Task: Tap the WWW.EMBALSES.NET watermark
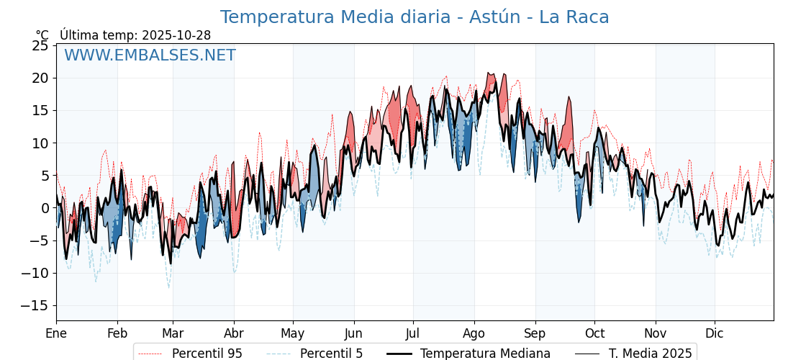pos(150,55)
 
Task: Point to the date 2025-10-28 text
pos(176,35)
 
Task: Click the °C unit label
pos(42,35)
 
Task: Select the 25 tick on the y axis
pos(40,45)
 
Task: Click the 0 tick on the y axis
pos(45,208)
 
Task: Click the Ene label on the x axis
pos(56,333)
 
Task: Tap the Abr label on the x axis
pos(234,333)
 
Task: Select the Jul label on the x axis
pos(413,333)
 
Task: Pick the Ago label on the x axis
pos(474,333)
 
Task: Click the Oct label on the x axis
pos(594,333)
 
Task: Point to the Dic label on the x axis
pos(715,333)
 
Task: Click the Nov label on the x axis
pos(656,333)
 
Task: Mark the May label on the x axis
pos(293,333)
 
